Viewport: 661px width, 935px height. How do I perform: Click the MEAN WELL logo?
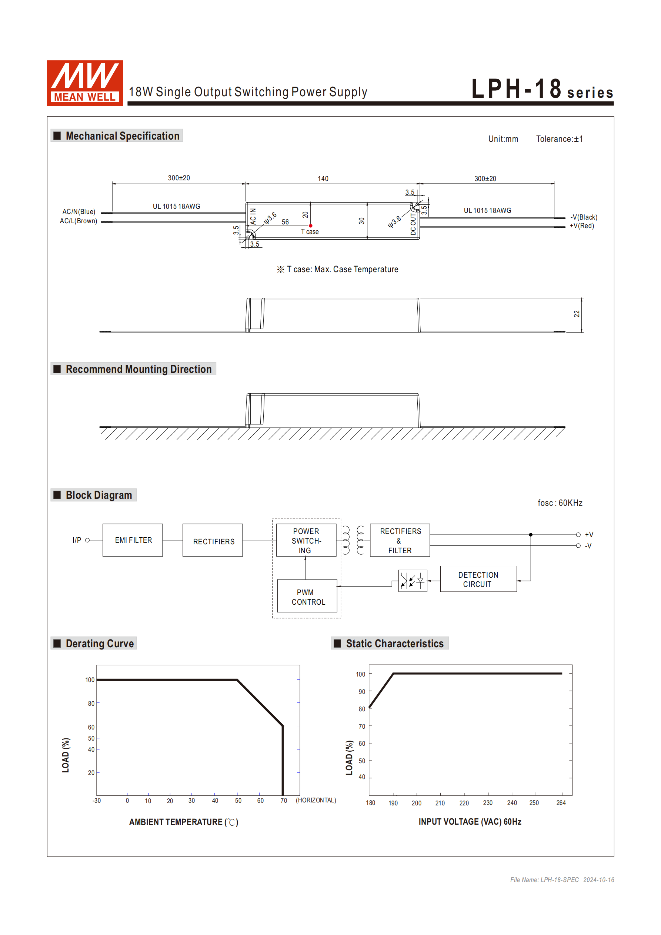pyautogui.click(x=85, y=83)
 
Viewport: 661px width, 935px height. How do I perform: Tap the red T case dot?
pyautogui.click(x=311, y=226)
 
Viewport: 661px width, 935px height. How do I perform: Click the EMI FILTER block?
pyautogui.click(x=133, y=540)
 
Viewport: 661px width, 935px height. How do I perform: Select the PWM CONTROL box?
pyautogui.click(x=307, y=597)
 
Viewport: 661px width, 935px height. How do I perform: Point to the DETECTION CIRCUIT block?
pyautogui.click(x=478, y=579)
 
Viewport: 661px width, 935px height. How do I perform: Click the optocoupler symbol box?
pyautogui.click(x=413, y=581)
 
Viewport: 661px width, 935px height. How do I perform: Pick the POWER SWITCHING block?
pyautogui.click(x=306, y=540)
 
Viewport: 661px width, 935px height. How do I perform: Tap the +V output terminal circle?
pyautogui.click(x=578, y=535)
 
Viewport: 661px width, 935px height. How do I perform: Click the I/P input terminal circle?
pyautogui.click(x=87, y=540)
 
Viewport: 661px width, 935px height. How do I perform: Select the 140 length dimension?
pyautogui.click(x=323, y=179)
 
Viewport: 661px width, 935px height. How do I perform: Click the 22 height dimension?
pyautogui.click(x=577, y=314)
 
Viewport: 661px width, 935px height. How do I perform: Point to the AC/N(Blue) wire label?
pyautogui.click(x=79, y=212)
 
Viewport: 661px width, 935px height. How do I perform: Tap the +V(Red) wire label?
pyautogui.click(x=582, y=226)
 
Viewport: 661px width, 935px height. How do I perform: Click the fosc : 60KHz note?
pyautogui.click(x=560, y=503)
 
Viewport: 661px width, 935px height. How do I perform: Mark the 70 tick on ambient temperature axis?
pyautogui.click(x=283, y=801)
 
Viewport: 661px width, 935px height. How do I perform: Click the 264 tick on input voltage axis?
pyautogui.click(x=561, y=803)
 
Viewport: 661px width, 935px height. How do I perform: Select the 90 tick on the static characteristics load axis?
pyautogui.click(x=362, y=691)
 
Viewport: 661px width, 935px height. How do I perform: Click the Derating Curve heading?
pyautogui.click(x=99, y=644)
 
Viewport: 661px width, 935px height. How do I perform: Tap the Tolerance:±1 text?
pyautogui.click(x=559, y=139)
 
